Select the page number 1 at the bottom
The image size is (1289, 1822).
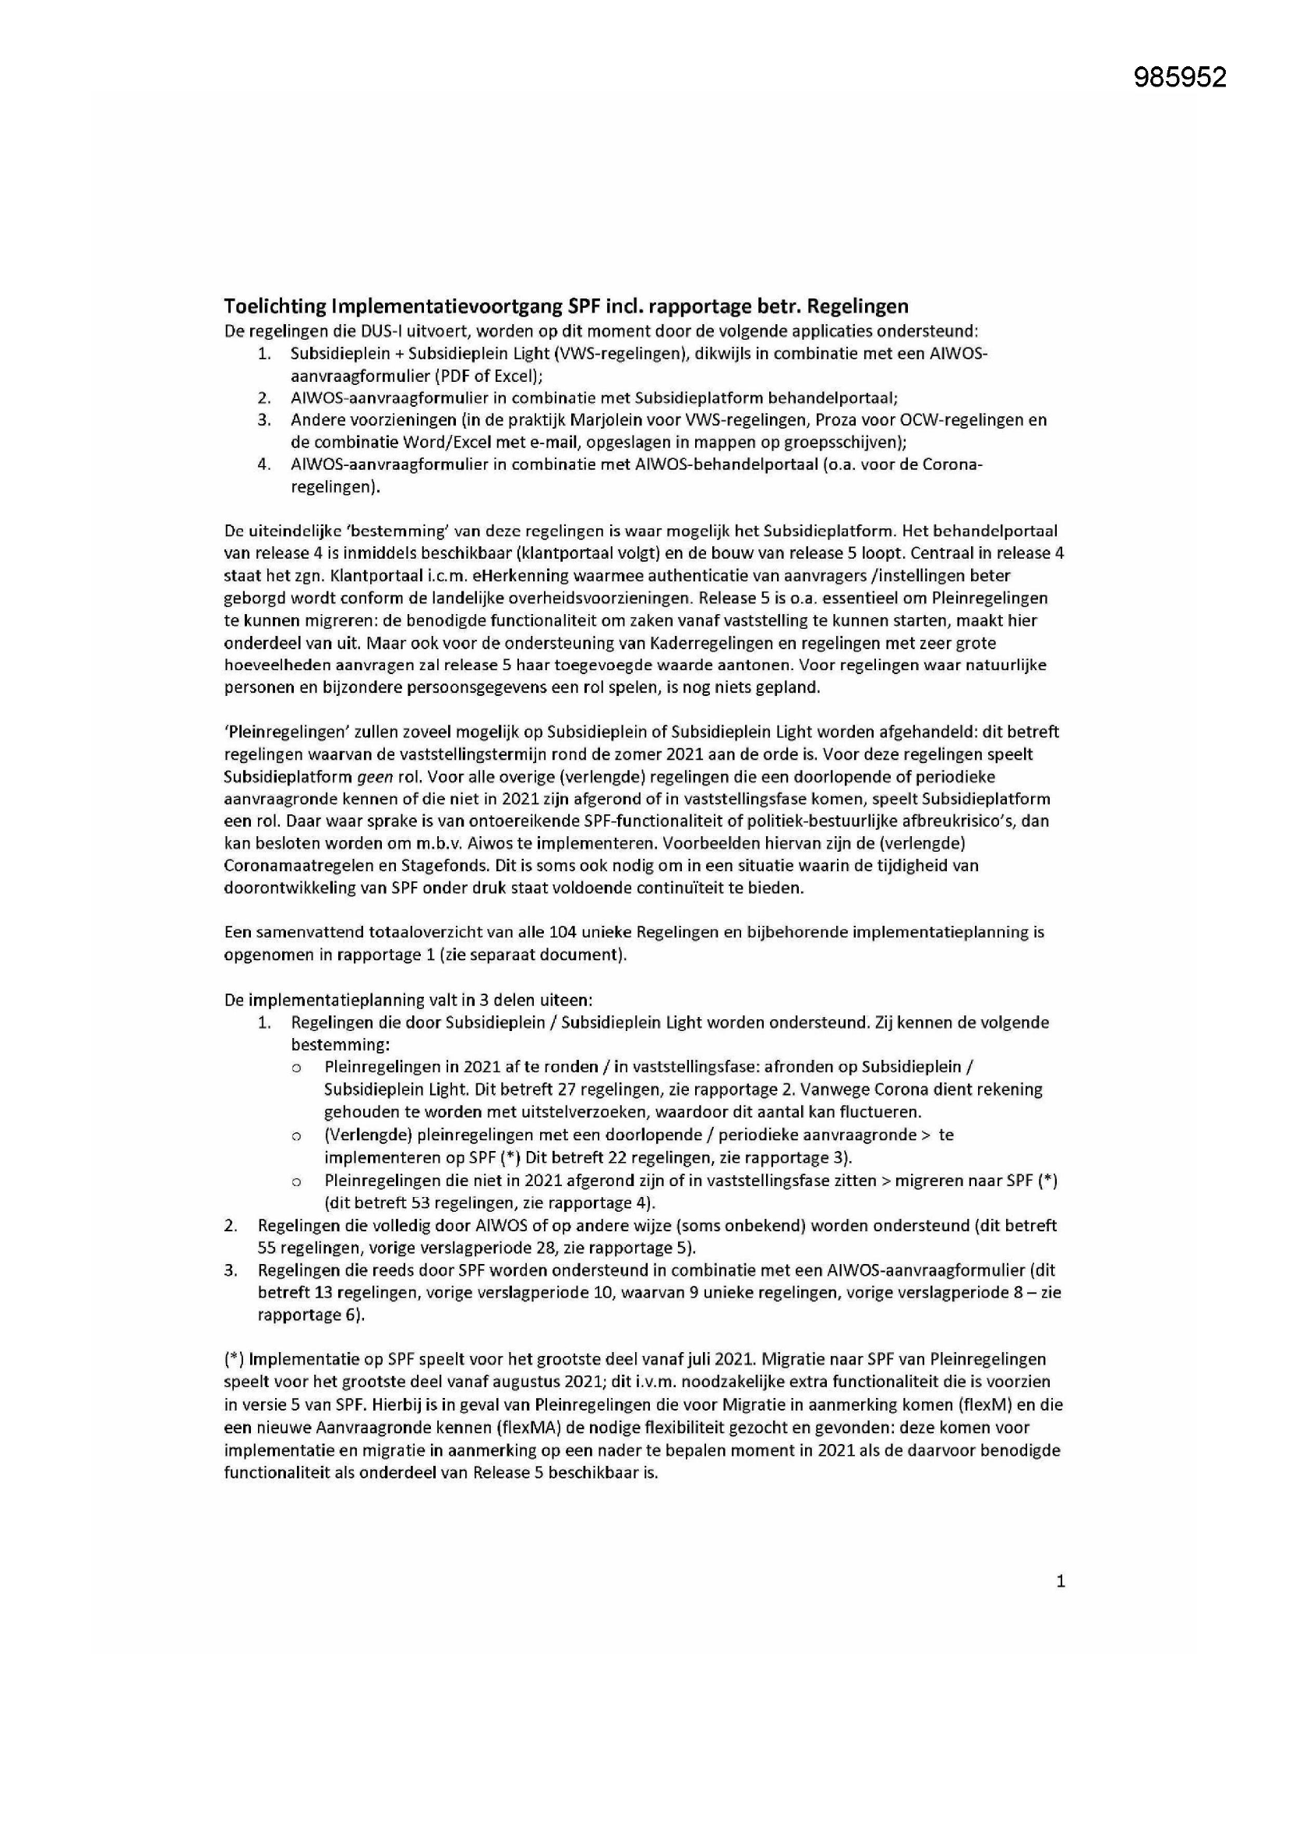click(x=1061, y=1581)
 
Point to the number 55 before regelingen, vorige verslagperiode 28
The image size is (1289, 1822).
click(x=267, y=1248)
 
